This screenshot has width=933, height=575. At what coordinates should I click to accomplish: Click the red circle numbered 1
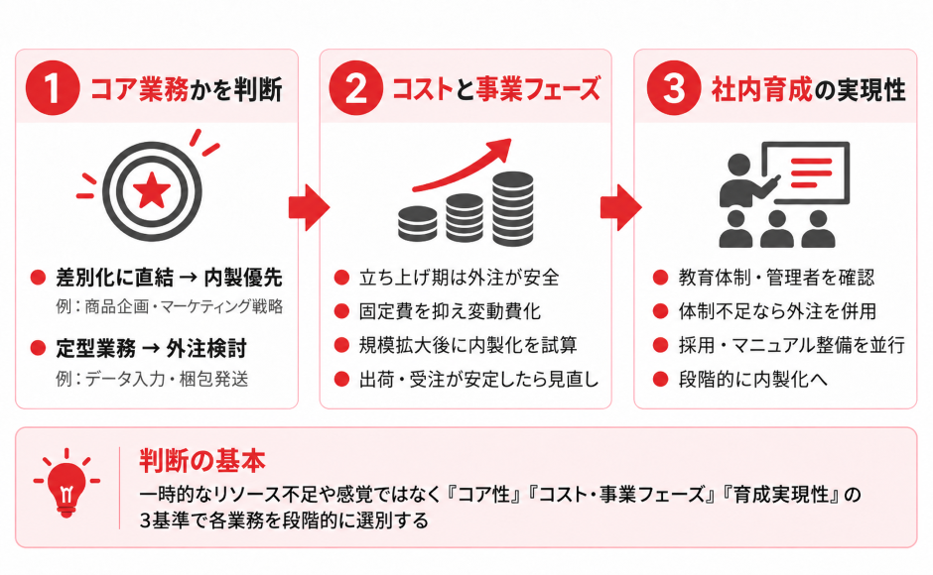pyautogui.click(x=53, y=88)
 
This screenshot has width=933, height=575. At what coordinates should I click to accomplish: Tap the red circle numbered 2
pyautogui.click(x=355, y=88)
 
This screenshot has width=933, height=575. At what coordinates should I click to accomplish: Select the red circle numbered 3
pyautogui.click(x=674, y=88)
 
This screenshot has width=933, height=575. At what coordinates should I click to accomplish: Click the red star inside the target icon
pyautogui.click(x=152, y=190)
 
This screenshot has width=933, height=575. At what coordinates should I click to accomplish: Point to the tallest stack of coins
pyautogui.click(x=513, y=209)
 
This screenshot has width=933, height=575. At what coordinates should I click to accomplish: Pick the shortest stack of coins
pyautogui.click(x=417, y=224)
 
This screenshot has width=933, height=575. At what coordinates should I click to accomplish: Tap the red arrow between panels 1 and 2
pyautogui.click(x=309, y=207)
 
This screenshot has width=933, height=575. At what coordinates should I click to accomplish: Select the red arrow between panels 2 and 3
pyautogui.click(x=620, y=207)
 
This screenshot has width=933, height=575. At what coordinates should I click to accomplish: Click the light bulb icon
pyautogui.click(x=67, y=483)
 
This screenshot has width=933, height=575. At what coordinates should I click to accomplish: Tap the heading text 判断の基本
pyautogui.click(x=202, y=461)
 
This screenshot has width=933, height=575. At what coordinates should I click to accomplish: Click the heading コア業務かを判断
pyautogui.click(x=187, y=89)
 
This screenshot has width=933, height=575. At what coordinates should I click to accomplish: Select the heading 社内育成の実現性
pyautogui.click(x=809, y=89)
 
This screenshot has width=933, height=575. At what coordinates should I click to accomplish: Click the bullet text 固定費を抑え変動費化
pyautogui.click(x=450, y=311)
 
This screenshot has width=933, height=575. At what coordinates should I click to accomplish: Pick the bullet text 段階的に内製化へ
pyautogui.click(x=752, y=379)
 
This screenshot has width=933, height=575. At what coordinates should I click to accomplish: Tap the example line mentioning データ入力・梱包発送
pyautogui.click(x=152, y=379)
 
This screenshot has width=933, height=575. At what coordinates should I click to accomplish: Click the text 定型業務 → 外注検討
pyautogui.click(x=151, y=348)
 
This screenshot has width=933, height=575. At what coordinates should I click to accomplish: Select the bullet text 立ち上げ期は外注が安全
pyautogui.click(x=459, y=278)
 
